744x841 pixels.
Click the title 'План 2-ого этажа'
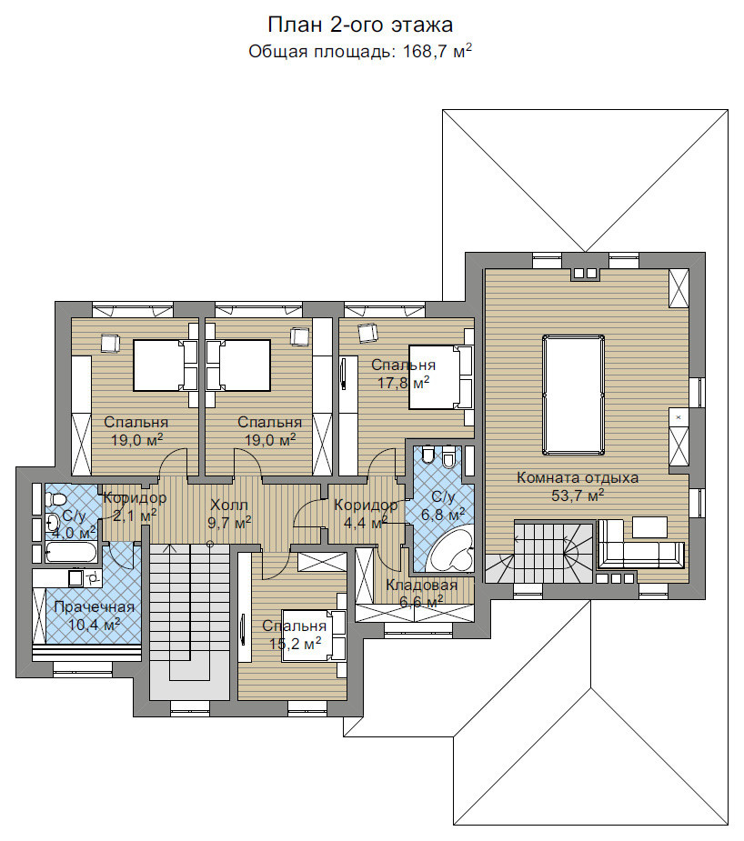tap(360, 25)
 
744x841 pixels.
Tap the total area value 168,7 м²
tap(437, 51)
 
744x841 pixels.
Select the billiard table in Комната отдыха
tap(573, 395)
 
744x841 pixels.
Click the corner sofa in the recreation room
tap(640, 544)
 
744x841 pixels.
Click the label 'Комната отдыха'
tap(578, 478)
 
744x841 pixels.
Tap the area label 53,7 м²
tap(578, 495)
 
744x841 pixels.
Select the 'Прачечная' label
tap(94, 607)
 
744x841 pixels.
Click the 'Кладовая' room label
tap(422, 586)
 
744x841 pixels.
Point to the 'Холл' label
tap(229, 505)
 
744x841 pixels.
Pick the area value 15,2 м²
tap(295, 643)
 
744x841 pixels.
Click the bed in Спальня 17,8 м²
tap(440, 377)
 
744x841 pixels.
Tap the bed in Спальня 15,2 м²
tap(314, 636)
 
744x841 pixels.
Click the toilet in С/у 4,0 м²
tap(55, 500)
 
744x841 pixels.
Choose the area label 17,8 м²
tap(404, 383)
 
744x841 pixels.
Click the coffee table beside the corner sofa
tap(649, 526)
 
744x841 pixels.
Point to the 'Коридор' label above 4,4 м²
tap(366, 506)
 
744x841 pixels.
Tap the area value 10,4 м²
tap(94, 625)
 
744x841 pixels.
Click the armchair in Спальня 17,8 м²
tap(368, 333)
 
